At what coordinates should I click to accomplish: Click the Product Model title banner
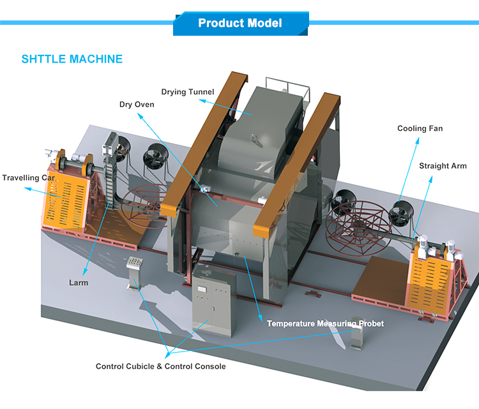click(x=240, y=24)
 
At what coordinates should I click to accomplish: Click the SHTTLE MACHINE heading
click(x=72, y=59)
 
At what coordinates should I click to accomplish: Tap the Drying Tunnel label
click(x=187, y=92)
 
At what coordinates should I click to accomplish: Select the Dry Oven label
click(x=137, y=104)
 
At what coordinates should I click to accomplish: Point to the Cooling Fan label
click(x=420, y=128)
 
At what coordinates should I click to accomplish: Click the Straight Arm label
click(x=443, y=166)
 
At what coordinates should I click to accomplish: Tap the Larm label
click(x=79, y=281)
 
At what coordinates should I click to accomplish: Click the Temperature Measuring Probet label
click(x=325, y=323)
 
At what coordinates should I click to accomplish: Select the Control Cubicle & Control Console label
click(x=160, y=366)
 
